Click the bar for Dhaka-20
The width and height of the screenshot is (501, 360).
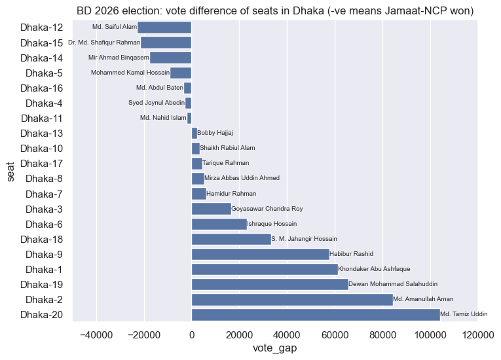[x=315, y=314]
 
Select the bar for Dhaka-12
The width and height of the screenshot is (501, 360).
[x=164, y=27]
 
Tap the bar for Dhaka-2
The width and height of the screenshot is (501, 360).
[x=291, y=299]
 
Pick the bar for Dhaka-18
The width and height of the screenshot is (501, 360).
[x=231, y=239]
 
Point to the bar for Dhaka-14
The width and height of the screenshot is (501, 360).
[x=170, y=58]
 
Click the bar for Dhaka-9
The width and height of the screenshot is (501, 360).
[x=260, y=254]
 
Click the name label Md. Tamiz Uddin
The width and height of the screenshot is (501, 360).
[x=464, y=314]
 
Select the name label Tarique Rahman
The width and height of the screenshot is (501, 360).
[x=226, y=163]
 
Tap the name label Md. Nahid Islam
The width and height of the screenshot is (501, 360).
[x=163, y=118]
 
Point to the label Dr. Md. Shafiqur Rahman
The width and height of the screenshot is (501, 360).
[x=103, y=43]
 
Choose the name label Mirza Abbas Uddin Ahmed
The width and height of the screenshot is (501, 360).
[x=242, y=178]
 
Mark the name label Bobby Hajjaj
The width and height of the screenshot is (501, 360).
[x=215, y=133]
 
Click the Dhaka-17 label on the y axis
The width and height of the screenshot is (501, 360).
[x=42, y=163]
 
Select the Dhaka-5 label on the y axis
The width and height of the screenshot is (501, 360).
[x=45, y=73]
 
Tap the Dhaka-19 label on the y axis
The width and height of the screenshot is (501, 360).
[x=42, y=284]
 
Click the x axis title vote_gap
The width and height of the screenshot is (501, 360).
[x=274, y=348]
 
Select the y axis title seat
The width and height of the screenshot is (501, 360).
[x=12, y=171]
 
